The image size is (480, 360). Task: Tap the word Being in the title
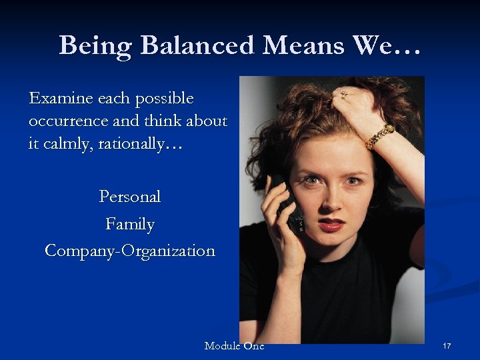(x=97, y=46)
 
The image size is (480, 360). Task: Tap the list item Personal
(x=130, y=197)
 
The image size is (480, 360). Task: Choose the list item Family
(x=130, y=224)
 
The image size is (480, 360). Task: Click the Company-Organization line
(x=130, y=251)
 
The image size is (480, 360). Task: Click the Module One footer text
(x=234, y=345)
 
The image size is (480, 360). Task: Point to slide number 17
(x=447, y=346)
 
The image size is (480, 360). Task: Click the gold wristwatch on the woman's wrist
(x=380, y=136)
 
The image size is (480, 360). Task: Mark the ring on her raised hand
(x=344, y=95)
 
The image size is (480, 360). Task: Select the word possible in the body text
(x=164, y=99)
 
